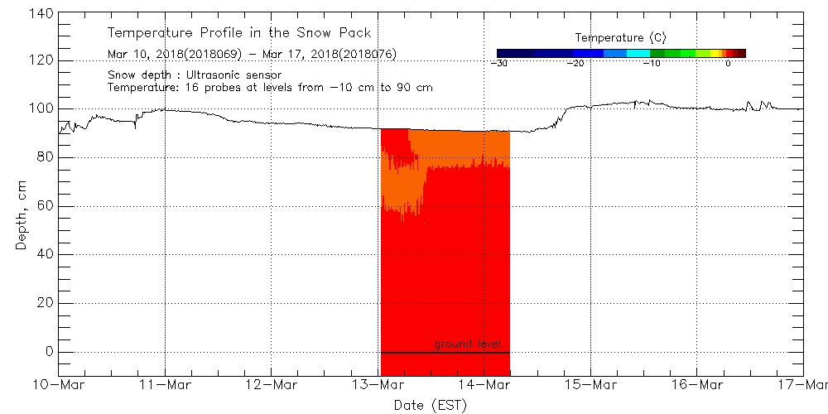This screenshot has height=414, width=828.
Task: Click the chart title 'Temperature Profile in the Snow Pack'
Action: click(239, 33)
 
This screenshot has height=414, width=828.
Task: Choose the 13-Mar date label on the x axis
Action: click(378, 385)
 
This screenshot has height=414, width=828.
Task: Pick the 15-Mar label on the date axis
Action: click(591, 385)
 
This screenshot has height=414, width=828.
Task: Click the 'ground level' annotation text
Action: click(467, 344)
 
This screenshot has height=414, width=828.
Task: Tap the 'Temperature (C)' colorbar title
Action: click(620, 38)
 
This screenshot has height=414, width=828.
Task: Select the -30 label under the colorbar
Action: click(498, 63)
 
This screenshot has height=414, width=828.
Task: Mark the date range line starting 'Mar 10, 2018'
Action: click(252, 54)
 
